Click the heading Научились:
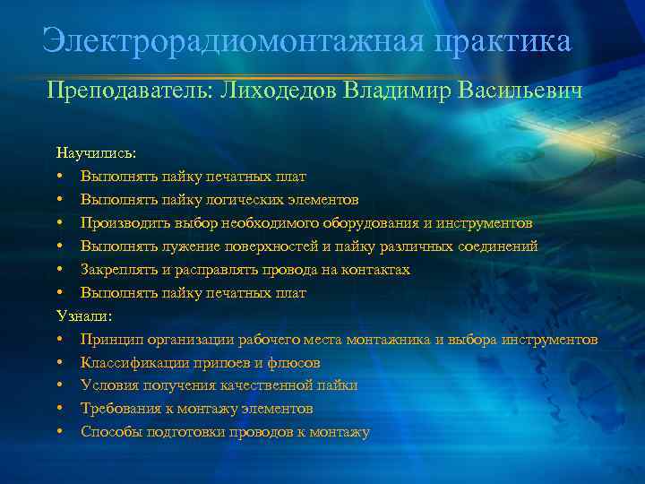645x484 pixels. [x=96, y=153]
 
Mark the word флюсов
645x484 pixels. [x=294, y=363]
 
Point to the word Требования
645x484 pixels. [x=120, y=409]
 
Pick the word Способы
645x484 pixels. [x=109, y=432]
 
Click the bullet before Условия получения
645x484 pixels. [x=58, y=385]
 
